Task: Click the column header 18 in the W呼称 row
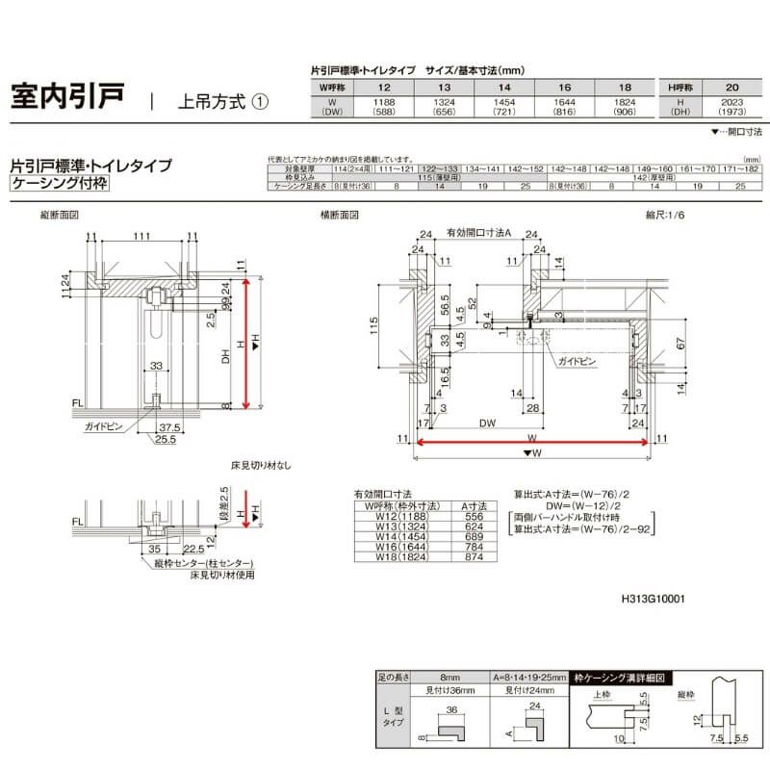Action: pyautogui.click(x=623, y=87)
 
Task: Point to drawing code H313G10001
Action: pyautogui.click(x=653, y=598)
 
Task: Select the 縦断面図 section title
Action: pyautogui.click(x=59, y=216)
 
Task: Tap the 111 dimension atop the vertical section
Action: pyautogui.click(x=141, y=237)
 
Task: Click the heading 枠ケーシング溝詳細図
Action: pyautogui.click(x=619, y=677)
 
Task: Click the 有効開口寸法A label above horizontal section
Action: pyautogui.click(x=477, y=233)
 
